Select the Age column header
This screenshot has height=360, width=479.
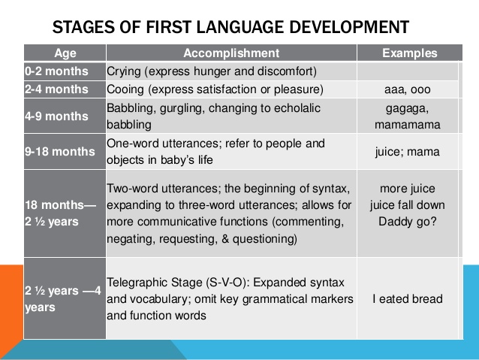(65, 53)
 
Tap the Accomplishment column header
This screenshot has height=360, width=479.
(230, 53)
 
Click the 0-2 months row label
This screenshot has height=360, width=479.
(56, 72)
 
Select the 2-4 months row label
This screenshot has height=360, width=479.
(56, 89)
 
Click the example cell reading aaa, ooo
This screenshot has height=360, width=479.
(408, 90)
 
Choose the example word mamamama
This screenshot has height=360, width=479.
(408, 125)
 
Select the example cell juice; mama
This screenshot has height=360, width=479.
(408, 151)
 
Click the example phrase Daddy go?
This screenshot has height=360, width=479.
(408, 222)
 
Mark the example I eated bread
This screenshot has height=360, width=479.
(408, 299)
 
